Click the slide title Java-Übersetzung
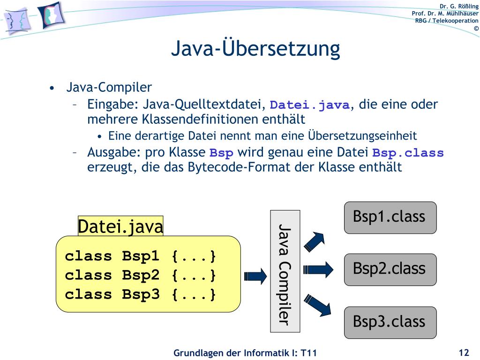(255, 49)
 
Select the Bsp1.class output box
(390, 217)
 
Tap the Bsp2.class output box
(390, 270)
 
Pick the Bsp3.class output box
(390, 322)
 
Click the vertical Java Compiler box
(285, 271)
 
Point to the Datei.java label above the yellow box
(120, 226)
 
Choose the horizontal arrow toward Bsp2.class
(318, 269)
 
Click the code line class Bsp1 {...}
(141, 256)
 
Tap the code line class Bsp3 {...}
(141, 295)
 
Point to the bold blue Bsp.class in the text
(408, 153)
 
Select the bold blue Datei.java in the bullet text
(310, 105)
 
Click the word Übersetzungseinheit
(362, 136)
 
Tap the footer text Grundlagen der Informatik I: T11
(245, 353)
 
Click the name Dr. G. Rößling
(459, 6)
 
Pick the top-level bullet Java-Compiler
(109, 87)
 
